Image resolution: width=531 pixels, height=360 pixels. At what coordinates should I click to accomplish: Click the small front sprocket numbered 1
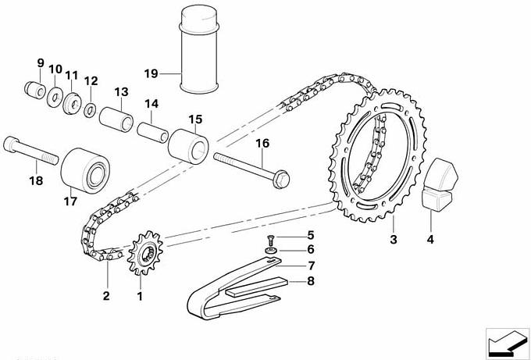pos(142,255)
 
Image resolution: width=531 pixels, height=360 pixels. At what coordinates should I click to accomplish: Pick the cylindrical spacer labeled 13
pos(115,115)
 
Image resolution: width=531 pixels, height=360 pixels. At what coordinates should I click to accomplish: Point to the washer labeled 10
pos(56,96)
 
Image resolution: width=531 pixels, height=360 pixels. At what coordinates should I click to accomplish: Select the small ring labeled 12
pos(91,106)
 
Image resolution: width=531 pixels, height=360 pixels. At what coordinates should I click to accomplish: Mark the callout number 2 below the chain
pos(106,296)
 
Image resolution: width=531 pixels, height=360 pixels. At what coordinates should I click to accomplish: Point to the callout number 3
pos(394,240)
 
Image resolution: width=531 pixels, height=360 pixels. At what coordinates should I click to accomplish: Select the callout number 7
pos(310,266)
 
